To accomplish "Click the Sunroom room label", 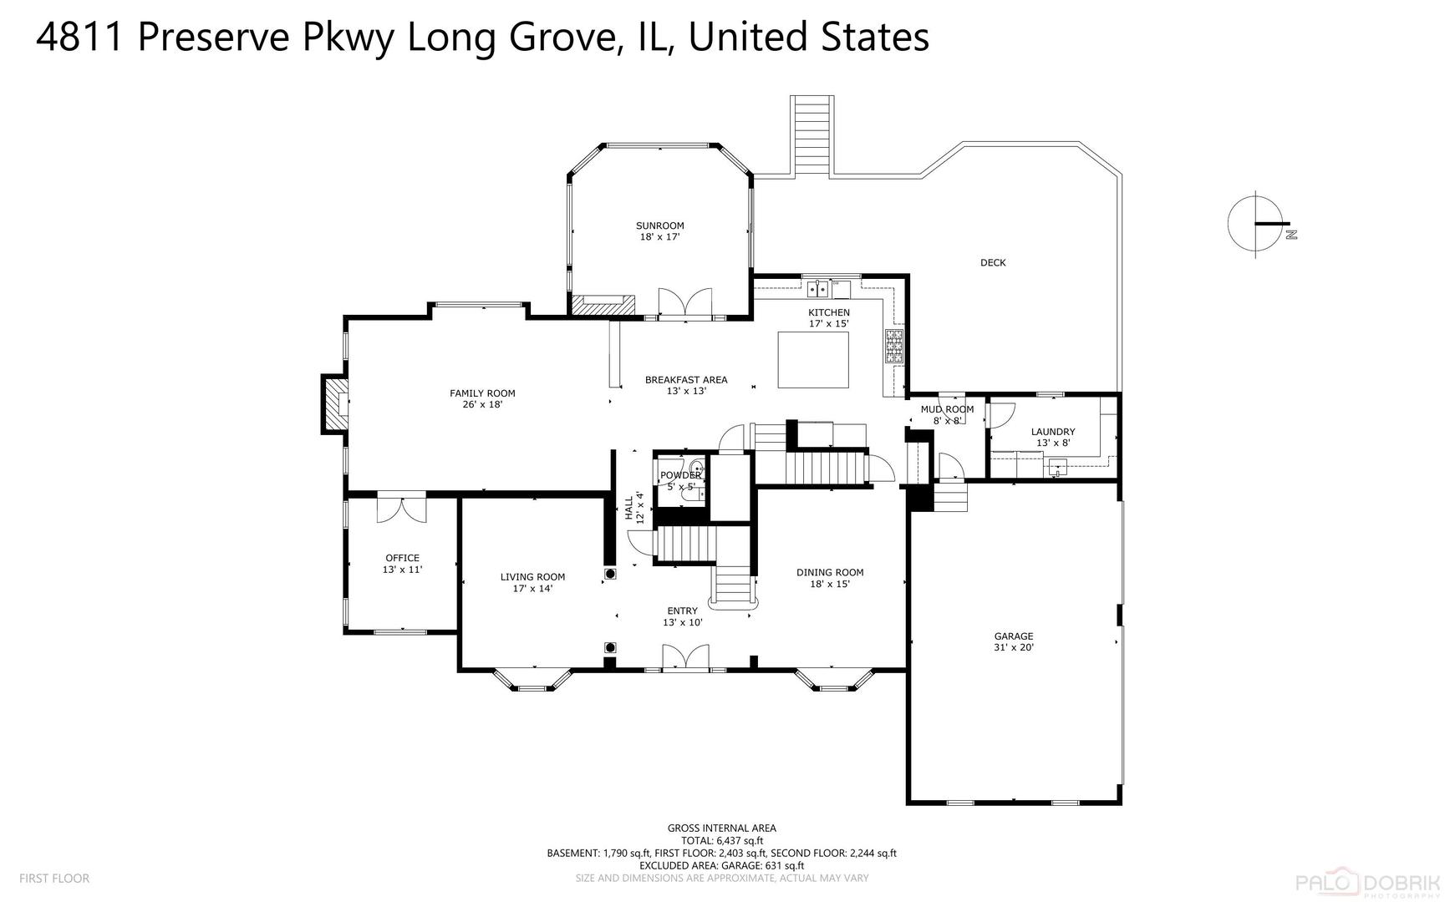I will pos(659,225).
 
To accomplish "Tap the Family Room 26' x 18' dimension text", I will pos(482,404).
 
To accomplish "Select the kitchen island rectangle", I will pos(813,360).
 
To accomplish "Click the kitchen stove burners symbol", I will pos(894,347).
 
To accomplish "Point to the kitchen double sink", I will pos(817,290).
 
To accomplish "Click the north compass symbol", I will pos(1257,223).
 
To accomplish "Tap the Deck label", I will pos(993,262).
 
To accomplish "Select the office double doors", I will pos(401,509).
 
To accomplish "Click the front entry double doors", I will pos(685,656).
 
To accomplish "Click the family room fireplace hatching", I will pos(335,404).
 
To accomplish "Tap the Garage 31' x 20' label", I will pos(1014,641).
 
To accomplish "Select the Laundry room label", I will pos(1052,432).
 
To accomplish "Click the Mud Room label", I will pos(947,409).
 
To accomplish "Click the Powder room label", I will pos(680,475).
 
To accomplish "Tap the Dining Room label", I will pos(829,572).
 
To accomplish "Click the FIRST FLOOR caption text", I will pos(54,878).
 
